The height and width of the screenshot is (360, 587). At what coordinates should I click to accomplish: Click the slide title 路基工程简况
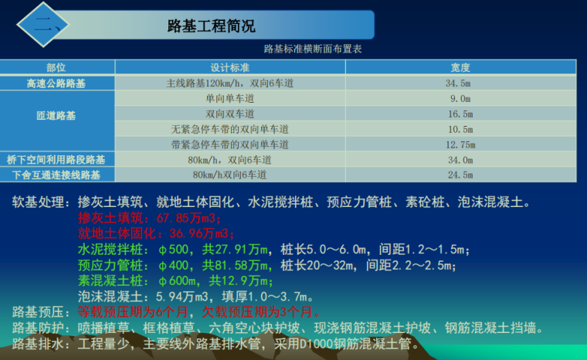point(211,25)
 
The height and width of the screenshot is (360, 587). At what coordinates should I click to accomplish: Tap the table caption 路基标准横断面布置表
point(313,49)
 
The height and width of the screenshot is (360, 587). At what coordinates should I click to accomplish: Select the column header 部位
point(56,68)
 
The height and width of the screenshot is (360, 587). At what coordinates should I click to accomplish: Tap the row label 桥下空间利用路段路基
point(56,160)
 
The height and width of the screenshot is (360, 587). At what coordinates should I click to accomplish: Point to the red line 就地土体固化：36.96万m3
point(155,234)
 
